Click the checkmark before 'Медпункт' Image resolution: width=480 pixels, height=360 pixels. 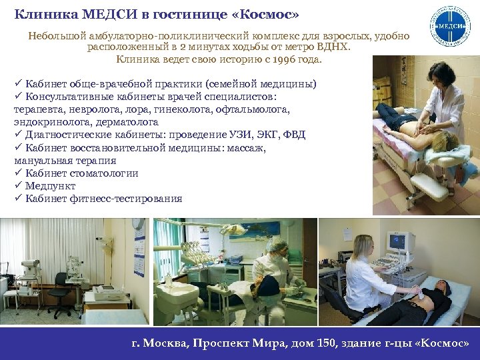point(18,186)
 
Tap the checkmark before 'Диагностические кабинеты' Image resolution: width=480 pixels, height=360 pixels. point(18,135)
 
